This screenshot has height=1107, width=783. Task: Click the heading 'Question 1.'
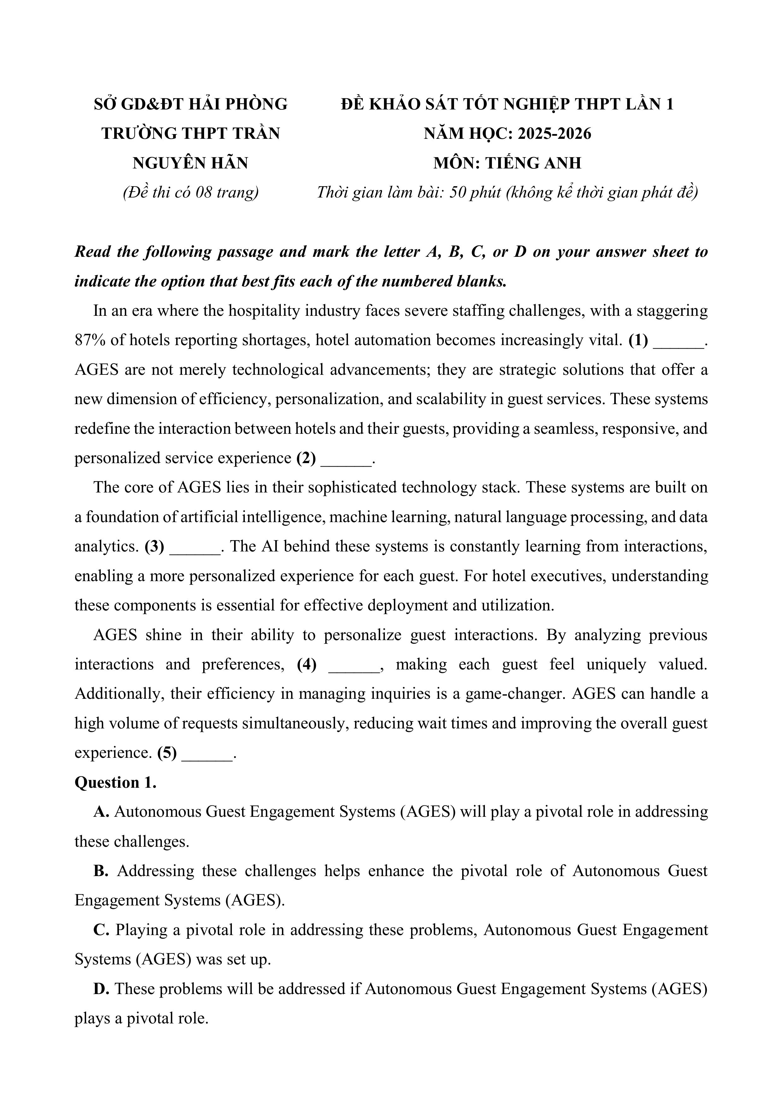115,782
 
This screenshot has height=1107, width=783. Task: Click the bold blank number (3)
154,546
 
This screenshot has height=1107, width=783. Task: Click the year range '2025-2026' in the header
555,133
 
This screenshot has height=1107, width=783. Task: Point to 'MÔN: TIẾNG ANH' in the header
507,163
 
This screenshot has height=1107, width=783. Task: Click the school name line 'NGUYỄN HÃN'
191,163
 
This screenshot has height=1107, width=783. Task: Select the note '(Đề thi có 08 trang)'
191,192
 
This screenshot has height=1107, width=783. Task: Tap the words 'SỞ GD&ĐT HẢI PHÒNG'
191,104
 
